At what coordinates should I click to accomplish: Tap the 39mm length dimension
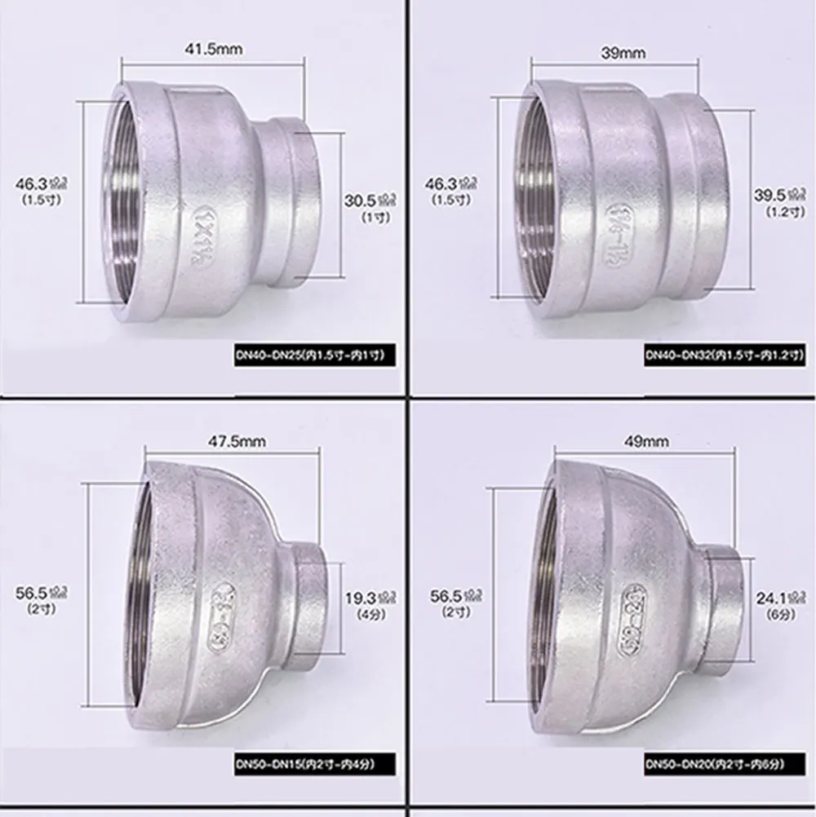[x=623, y=53]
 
